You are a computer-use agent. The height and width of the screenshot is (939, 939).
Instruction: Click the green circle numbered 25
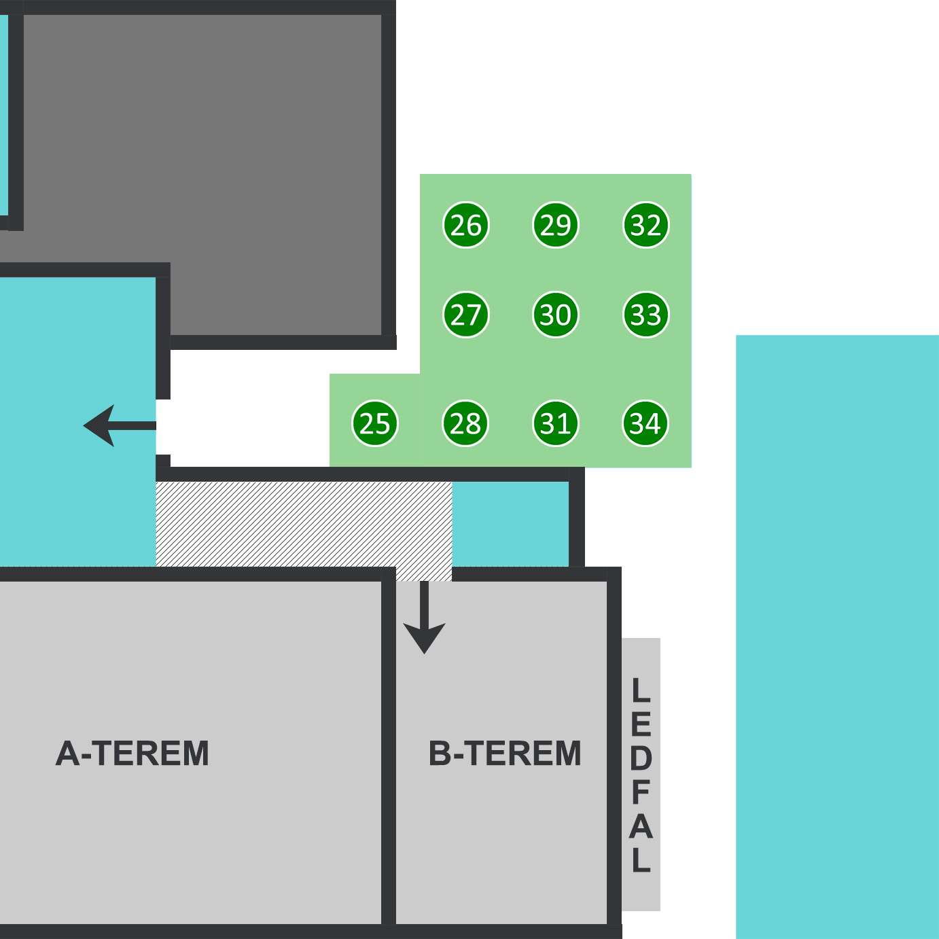375,423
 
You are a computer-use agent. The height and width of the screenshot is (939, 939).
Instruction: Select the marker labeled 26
466,225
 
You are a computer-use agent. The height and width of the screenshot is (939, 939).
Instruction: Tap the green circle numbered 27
466,315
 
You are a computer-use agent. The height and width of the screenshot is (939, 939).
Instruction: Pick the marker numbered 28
465,423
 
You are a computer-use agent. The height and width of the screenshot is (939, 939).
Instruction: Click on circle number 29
556,225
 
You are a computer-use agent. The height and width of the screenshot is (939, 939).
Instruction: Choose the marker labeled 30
556,315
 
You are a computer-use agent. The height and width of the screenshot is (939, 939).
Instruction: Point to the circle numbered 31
556,423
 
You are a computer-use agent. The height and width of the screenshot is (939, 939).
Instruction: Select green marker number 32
646,225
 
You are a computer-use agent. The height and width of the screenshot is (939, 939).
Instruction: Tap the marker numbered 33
646,315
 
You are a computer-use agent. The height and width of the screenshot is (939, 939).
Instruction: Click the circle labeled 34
645,423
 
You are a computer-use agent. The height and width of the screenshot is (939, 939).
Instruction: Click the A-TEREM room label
132,754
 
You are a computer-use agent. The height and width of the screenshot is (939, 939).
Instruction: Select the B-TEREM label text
505,754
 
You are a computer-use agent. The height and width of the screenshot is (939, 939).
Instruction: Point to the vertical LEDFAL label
641,775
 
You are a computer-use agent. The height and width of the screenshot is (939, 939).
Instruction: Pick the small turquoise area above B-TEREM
510,523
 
